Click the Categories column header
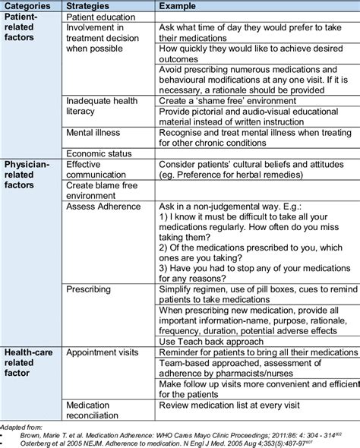point(29,6)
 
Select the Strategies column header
point(90,6)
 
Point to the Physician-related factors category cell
point(28,174)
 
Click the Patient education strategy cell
point(102,16)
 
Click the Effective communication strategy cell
point(99,169)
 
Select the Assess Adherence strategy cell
point(103,205)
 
